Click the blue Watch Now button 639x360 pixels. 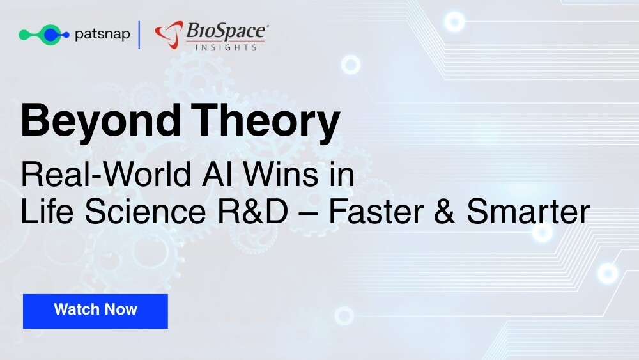click(x=95, y=311)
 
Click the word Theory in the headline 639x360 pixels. click(x=265, y=121)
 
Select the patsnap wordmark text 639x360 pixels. click(x=102, y=35)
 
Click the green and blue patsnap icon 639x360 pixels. click(x=44, y=35)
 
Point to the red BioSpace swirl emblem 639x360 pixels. click(x=169, y=35)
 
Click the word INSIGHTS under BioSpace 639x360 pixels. click(x=226, y=47)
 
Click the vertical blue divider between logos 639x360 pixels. click(x=139, y=35)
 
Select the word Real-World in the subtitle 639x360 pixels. click(x=106, y=175)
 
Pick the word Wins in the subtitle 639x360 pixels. click(x=281, y=175)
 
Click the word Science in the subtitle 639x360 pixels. click(x=145, y=211)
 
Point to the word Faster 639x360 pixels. click(x=376, y=211)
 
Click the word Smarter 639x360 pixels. click(x=528, y=211)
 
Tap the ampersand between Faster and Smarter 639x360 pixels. click(x=445, y=211)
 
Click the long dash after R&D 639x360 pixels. click(x=308, y=214)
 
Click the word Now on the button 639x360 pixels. click(x=121, y=309)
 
